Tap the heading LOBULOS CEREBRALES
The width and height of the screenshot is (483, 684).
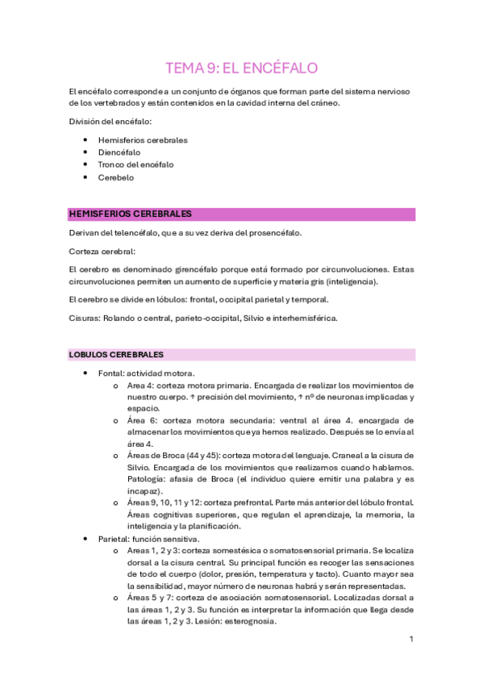(117, 354)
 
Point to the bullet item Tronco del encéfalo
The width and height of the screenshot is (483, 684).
(142, 165)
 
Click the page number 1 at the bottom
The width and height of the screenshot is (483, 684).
(411, 640)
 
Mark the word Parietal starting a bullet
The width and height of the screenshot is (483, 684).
(114, 538)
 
